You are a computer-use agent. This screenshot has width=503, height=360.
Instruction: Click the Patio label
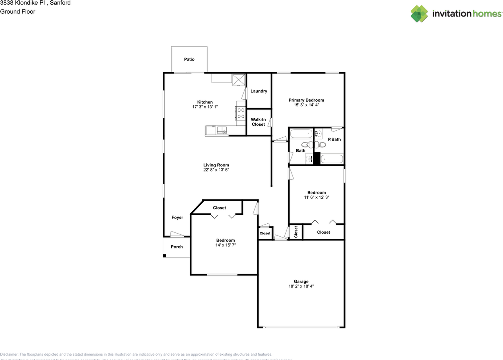click(x=189, y=59)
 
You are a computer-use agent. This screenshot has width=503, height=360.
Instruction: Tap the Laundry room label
click(x=259, y=91)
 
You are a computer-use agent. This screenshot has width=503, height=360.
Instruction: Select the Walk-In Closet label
click(x=259, y=122)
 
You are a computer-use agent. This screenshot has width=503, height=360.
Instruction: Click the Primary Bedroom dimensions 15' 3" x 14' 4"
click(x=306, y=105)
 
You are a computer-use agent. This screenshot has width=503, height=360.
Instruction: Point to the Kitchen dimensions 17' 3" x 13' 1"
click(x=205, y=107)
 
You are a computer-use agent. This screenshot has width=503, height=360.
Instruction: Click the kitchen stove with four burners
click(x=240, y=113)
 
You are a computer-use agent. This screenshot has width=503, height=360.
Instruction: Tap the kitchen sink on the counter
click(x=221, y=130)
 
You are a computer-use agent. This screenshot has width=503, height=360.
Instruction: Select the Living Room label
click(x=216, y=165)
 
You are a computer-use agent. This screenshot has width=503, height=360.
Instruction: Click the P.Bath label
click(x=334, y=139)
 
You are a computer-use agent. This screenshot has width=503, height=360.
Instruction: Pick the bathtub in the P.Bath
click(x=332, y=159)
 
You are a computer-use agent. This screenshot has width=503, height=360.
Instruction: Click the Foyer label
click(x=177, y=217)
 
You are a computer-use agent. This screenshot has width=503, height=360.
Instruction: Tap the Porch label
click(x=177, y=247)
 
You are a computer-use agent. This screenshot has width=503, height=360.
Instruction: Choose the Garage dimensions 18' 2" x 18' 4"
click(x=301, y=287)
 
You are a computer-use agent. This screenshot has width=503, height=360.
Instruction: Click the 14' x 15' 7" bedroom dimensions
click(x=226, y=245)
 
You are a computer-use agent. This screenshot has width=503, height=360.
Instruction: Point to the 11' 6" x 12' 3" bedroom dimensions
click(x=316, y=197)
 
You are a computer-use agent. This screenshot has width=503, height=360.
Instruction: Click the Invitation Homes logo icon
click(x=419, y=14)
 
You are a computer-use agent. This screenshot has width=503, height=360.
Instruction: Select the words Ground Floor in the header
click(x=18, y=12)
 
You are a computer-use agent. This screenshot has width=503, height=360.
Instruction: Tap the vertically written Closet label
click(x=296, y=232)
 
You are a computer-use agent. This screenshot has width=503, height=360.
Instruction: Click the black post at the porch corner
click(x=165, y=256)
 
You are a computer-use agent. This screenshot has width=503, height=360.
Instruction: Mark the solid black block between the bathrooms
click(x=317, y=157)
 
